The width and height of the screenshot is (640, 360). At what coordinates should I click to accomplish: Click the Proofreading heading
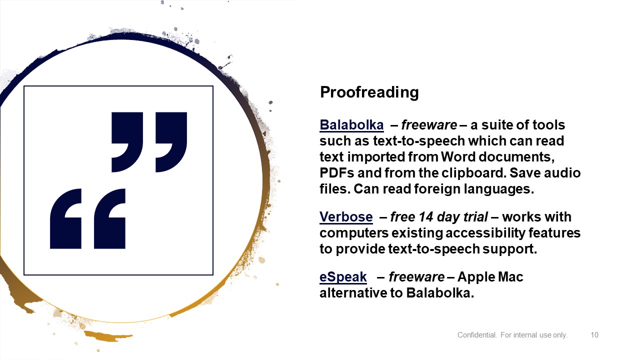(369, 92)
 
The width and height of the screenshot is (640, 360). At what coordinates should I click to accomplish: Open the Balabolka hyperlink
(351, 125)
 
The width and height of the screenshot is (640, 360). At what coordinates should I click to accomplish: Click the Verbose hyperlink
(346, 217)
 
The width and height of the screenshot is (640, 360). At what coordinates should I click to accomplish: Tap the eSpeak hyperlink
(343, 277)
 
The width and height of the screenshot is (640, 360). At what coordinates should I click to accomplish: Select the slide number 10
(594, 335)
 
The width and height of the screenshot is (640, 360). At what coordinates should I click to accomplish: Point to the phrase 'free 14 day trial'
(439, 217)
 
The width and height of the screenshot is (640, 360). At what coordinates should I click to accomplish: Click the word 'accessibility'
(485, 233)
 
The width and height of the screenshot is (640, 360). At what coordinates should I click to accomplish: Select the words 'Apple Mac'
(490, 277)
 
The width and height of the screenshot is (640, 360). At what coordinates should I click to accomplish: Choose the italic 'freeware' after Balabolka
(429, 125)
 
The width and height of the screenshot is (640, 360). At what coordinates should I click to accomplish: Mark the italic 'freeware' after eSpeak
(416, 277)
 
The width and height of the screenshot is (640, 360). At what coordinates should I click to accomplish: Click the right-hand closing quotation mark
(171, 142)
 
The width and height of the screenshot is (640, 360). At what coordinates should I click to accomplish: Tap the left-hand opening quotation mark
(65, 218)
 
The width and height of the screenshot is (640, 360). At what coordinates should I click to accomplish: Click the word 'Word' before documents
(458, 157)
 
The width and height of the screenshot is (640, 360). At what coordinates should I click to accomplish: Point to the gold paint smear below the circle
(108, 336)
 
